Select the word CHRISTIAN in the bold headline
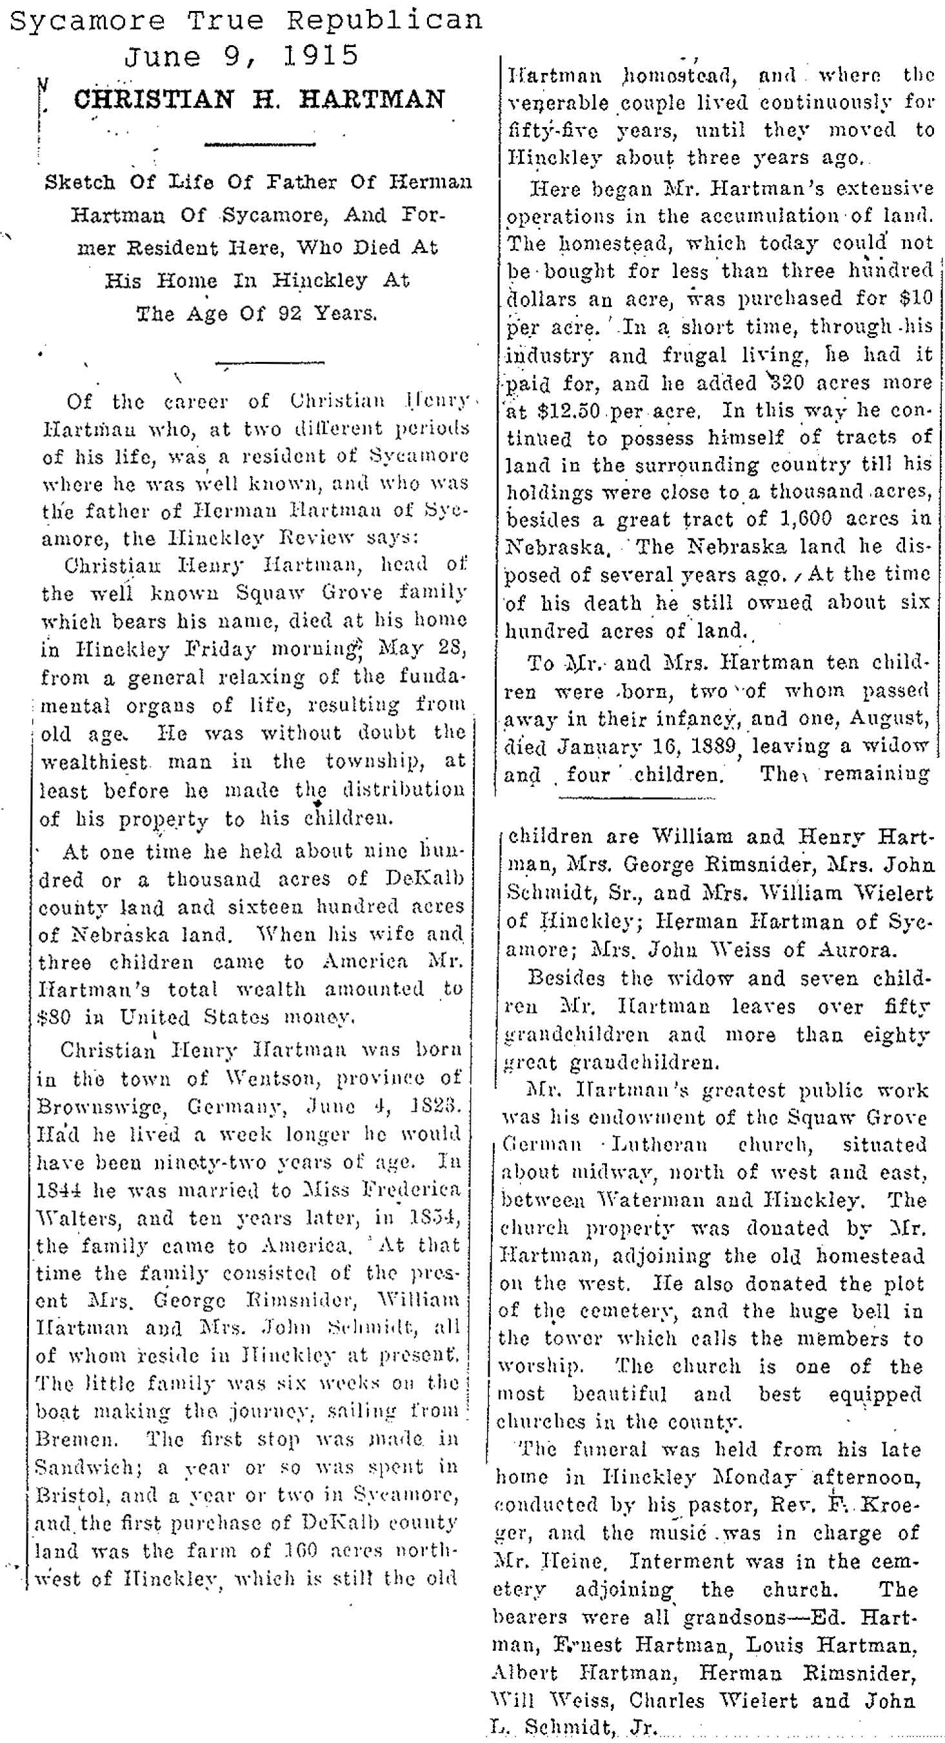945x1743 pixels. point(153,99)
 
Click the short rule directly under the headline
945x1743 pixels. point(260,144)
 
